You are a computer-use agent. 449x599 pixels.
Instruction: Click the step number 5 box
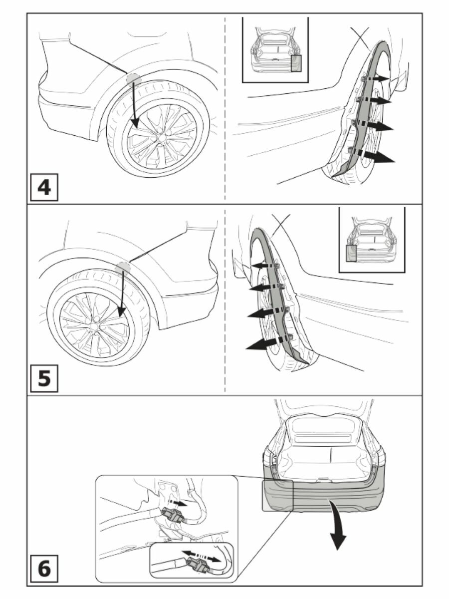[x=44, y=378]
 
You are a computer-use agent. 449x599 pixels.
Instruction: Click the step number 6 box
[x=44, y=570]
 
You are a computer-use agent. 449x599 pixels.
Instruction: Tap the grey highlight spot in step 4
[x=133, y=78]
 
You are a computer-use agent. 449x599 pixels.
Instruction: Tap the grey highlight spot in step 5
[x=122, y=268]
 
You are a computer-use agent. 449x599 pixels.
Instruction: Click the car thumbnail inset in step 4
[x=275, y=50]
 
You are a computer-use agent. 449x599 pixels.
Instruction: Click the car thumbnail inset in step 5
[x=372, y=240]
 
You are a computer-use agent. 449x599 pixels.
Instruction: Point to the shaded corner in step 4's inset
[x=296, y=64]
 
